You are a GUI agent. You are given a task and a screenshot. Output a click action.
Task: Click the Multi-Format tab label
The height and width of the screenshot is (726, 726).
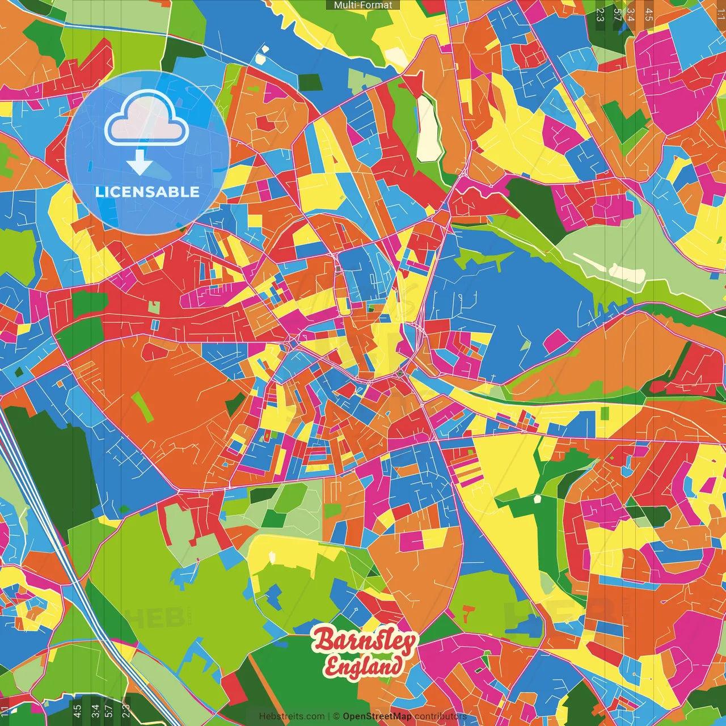coord(363,5)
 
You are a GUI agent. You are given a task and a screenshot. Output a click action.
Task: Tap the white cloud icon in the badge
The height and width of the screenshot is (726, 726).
coord(146,120)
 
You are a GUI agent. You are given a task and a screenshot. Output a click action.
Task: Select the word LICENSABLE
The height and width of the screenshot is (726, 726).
coord(147,192)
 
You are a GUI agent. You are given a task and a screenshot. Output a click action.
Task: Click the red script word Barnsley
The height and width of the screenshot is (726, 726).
coord(365,641)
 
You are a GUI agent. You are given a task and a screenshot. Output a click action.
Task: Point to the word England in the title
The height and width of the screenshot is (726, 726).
coord(363,666)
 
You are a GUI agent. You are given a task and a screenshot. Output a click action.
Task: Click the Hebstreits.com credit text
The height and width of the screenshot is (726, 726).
coord(292,716)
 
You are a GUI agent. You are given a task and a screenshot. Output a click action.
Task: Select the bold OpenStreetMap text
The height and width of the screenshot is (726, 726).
coord(377,716)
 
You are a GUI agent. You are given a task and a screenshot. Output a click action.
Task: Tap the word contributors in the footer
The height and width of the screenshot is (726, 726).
coord(440,716)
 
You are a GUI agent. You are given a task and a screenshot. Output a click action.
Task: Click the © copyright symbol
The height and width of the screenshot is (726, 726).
coord(336,716)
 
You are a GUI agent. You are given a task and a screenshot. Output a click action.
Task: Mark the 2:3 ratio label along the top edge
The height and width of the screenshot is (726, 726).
coord(600,15)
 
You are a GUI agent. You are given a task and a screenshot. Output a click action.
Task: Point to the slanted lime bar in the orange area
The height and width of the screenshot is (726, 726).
coord(142,407)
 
